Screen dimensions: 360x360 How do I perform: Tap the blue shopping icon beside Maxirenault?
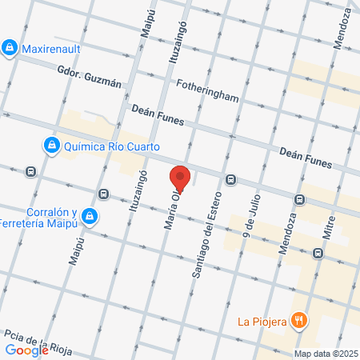pyautogui.click(x=9, y=48)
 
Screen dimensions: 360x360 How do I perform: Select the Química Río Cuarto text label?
pyautogui.click(x=113, y=146)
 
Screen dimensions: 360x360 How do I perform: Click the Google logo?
pyautogui.click(x=26, y=350)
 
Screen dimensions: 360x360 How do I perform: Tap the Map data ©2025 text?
pyautogui.click(x=325, y=354)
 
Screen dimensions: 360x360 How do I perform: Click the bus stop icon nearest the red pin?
pyautogui.click(x=230, y=179)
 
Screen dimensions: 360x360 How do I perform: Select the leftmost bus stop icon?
pyautogui.click(x=30, y=170)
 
